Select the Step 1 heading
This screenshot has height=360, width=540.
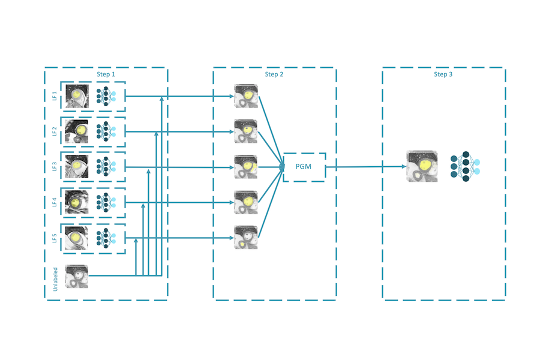pos(106,74)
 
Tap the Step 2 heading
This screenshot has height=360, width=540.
pos(274,74)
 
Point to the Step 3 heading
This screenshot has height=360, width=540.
pos(443,74)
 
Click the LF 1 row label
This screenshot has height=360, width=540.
pos(55,95)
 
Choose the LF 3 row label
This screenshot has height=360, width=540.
pos(55,167)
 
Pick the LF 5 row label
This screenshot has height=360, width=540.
pos(55,238)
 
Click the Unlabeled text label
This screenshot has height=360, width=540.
pos(55,278)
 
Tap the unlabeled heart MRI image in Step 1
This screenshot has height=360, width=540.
pos(77,276)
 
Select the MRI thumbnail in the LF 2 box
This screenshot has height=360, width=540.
pos(77,131)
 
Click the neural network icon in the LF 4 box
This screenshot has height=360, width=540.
pos(106,202)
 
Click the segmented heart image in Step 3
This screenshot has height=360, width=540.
pos(422,166)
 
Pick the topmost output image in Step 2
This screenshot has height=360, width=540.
pos(246,96)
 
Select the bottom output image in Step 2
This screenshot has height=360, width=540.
pos(246,238)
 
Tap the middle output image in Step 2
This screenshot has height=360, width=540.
pos(246,167)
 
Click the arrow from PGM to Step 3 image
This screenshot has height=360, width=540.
pos(366,167)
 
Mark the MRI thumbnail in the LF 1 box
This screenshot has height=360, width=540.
pos(77,95)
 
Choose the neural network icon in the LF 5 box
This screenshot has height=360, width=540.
pos(106,238)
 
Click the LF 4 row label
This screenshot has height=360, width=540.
pos(55,202)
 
